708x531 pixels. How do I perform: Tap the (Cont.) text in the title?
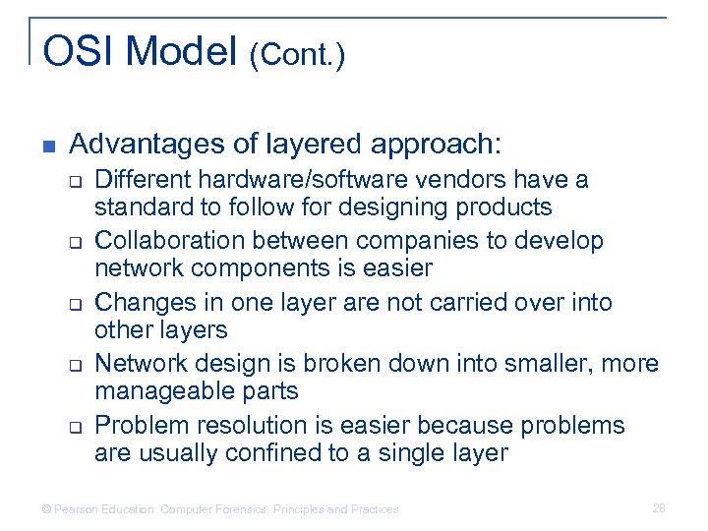(297, 56)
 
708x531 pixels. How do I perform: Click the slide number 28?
(658, 507)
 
